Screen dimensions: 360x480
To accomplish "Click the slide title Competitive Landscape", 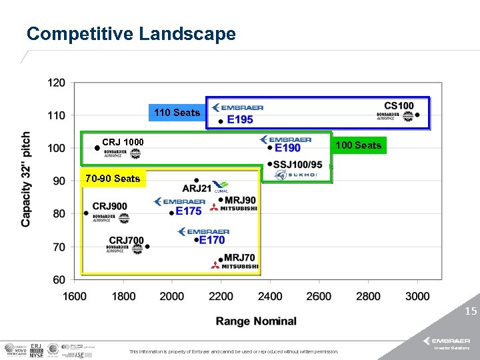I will tap(131, 34).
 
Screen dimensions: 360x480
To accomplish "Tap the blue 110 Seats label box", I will tap(177, 113).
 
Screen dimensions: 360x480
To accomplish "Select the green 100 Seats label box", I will tap(358, 145).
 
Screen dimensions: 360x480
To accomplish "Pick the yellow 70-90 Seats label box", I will tap(112, 178).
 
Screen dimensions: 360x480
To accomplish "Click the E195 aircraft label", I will tap(239, 120).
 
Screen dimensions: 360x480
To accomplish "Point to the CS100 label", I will tap(399, 105).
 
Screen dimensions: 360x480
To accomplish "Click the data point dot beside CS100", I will tap(417, 115).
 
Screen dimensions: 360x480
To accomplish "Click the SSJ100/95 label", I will tap(298, 165).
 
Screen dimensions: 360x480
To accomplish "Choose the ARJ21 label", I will tap(197, 188).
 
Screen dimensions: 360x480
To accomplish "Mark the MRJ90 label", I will tap(240, 200).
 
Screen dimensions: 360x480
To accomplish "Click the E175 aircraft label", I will tap(189, 211).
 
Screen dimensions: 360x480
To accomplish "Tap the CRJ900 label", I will tap(109, 207).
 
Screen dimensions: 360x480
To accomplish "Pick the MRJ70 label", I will tap(239, 257).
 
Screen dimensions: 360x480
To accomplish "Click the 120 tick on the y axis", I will tap(57, 83).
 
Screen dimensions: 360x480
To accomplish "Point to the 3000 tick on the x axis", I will tap(417, 296).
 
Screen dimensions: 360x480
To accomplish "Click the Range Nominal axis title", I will tap(256, 321).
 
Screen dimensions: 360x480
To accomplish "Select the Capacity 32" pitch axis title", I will tap(26, 179).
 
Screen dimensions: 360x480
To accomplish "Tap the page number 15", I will tap(471, 311).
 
